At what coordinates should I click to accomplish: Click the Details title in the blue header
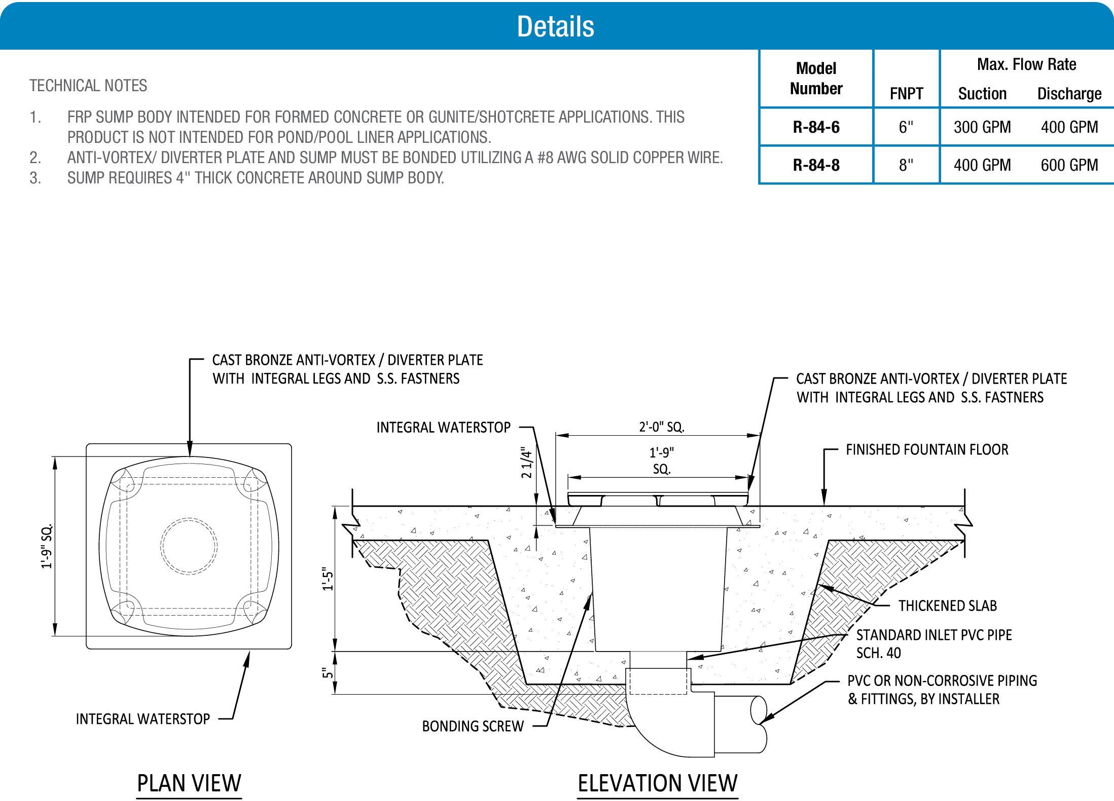(555, 26)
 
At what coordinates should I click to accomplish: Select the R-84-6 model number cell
(816, 127)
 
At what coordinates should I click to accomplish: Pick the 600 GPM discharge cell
(1069, 165)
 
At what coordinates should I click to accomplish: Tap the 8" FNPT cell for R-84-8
(906, 165)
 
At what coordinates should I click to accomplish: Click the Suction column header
(982, 94)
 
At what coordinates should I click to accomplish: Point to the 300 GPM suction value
(982, 127)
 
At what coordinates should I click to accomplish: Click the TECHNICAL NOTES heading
(88, 86)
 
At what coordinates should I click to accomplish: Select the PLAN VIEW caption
(189, 783)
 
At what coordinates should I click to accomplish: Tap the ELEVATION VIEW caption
(657, 783)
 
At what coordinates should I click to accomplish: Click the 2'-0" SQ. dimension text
(661, 427)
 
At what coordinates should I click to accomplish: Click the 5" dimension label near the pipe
(329, 672)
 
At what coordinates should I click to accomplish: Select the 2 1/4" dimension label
(527, 464)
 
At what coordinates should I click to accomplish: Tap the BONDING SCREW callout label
(473, 727)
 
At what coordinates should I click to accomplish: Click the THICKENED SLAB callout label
(947, 606)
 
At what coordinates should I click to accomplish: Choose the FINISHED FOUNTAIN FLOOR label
(927, 450)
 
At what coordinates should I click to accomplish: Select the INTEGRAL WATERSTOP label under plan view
(142, 719)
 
